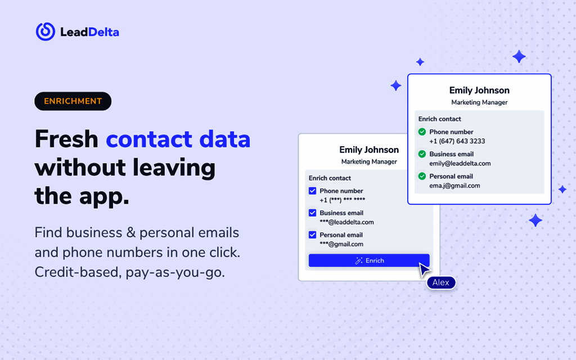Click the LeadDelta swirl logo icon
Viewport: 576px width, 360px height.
(46, 31)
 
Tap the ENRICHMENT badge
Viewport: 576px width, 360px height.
(73, 101)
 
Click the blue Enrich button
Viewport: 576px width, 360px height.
(369, 260)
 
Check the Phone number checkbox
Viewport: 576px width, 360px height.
(313, 191)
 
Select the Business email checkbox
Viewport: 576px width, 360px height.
(313, 213)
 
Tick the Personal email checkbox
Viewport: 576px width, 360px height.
(313, 235)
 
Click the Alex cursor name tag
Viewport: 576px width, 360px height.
(441, 282)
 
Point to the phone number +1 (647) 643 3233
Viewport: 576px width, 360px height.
(457, 141)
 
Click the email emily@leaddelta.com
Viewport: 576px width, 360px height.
(460, 164)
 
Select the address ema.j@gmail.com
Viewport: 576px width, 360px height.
(454, 186)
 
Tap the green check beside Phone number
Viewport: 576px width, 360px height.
(422, 132)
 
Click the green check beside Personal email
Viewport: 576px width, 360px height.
(422, 177)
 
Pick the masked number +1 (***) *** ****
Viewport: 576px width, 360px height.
(342, 200)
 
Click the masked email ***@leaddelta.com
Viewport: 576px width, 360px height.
(346, 222)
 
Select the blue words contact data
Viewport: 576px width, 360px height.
(178, 139)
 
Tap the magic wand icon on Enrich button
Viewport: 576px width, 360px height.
(359, 260)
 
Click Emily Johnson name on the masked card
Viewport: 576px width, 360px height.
(369, 150)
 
